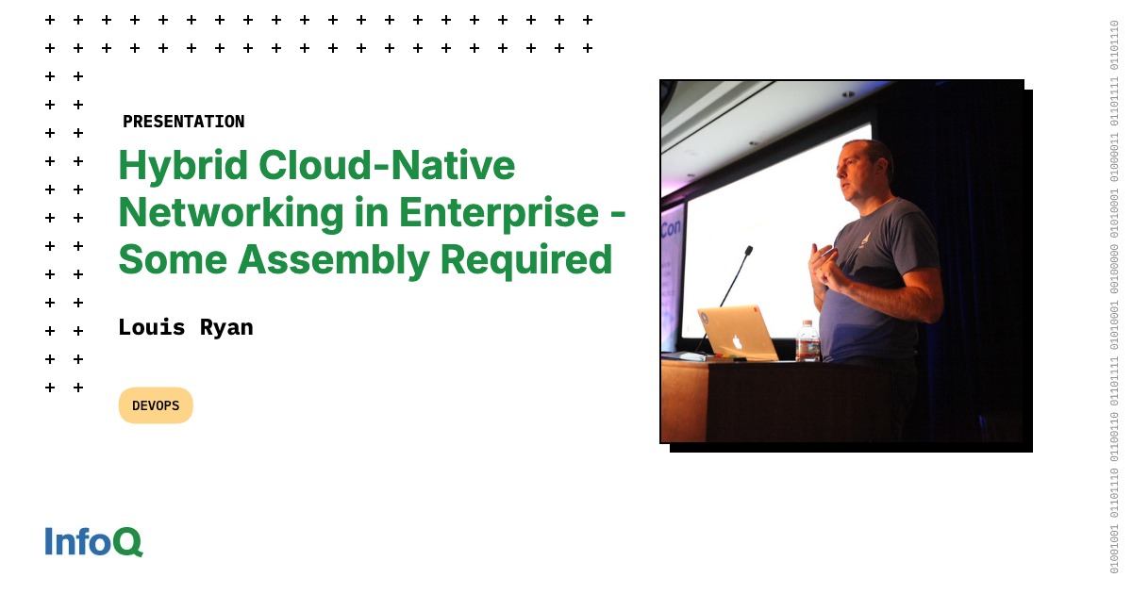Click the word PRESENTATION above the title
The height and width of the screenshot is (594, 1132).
tap(183, 122)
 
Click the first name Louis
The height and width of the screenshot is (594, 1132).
tap(149, 327)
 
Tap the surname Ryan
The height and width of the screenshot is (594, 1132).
tap(226, 327)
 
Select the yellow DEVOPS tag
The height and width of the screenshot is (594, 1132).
tap(156, 405)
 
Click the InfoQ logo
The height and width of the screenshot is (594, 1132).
tap(93, 541)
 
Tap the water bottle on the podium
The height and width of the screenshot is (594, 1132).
tap(807, 341)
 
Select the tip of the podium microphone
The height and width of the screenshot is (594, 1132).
tap(749, 251)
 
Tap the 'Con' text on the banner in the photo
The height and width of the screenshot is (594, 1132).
tap(672, 228)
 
